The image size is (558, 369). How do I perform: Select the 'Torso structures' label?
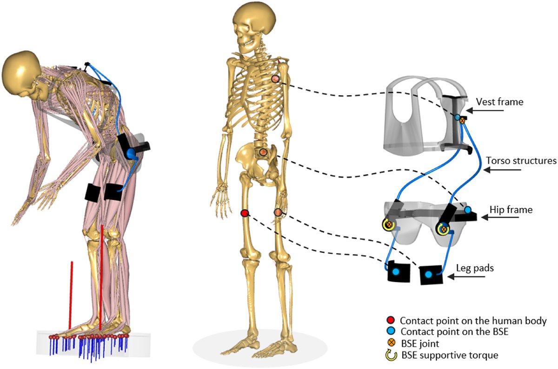(x=521, y=161)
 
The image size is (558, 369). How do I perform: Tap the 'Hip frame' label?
(x=511, y=211)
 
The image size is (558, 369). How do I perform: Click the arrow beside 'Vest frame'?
(x=476, y=110)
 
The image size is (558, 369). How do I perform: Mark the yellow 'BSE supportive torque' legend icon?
(x=391, y=356)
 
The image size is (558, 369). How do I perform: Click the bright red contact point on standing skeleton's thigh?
(x=245, y=213)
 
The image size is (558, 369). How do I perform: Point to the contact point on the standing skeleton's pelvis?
(x=263, y=152)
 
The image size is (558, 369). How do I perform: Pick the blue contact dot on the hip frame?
(x=467, y=211)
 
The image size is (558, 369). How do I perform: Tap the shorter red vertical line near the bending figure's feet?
(x=71, y=296)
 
